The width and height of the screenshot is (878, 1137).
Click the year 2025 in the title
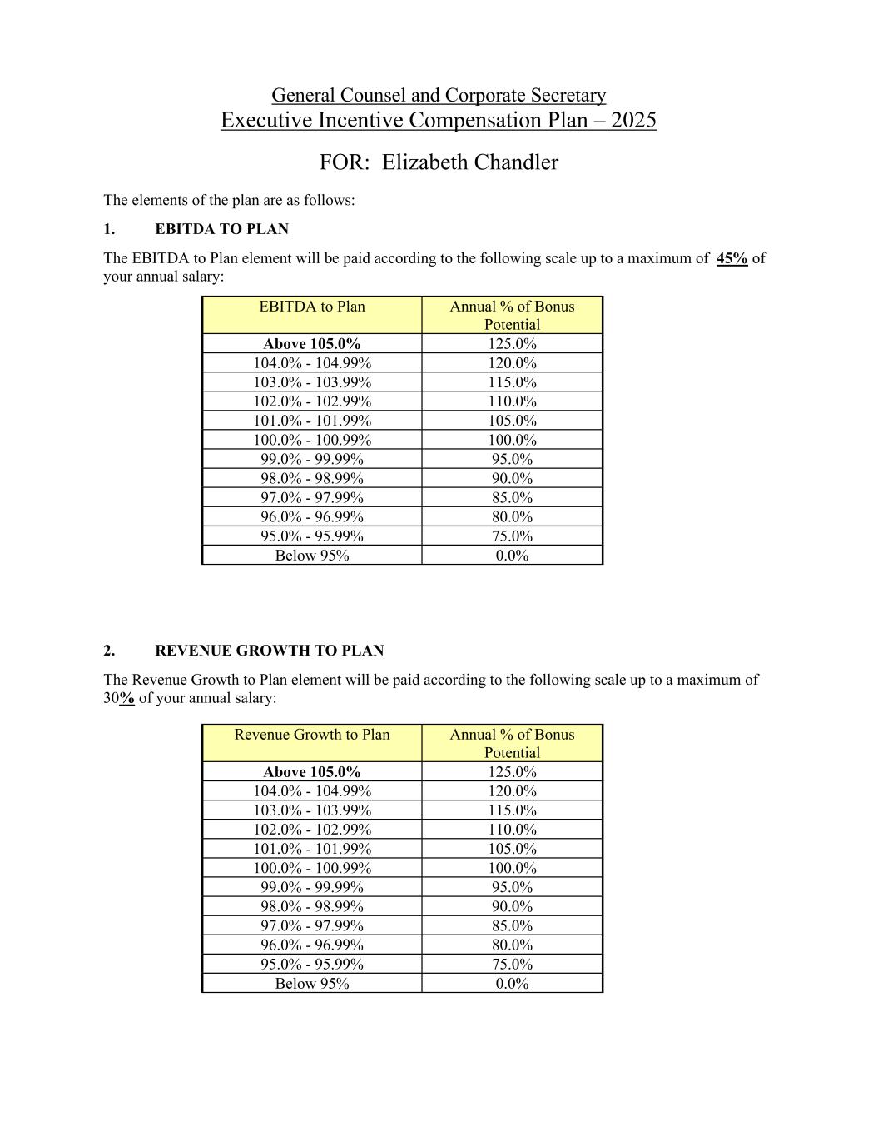pos(633,121)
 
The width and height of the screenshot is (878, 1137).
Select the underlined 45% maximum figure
pos(732,258)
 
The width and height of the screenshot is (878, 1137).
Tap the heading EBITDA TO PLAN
pos(221,229)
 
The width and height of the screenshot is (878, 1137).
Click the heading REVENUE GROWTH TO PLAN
pos(269,651)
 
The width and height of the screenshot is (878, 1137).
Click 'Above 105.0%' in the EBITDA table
pos(312,344)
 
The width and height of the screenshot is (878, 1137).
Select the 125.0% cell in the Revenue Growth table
pos(512,772)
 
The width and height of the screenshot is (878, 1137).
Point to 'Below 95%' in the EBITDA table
pos(312,556)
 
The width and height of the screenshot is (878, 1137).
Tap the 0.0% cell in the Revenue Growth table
pos(512,984)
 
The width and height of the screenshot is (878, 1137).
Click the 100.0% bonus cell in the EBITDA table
pos(512,440)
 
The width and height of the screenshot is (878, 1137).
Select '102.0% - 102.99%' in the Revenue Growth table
pos(312,830)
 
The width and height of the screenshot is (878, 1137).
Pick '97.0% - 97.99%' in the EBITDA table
pos(312,498)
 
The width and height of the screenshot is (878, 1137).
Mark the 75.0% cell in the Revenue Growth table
pos(512,965)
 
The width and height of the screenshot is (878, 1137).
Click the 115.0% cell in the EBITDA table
pos(512,382)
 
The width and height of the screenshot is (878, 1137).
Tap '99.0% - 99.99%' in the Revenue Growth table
pos(312,887)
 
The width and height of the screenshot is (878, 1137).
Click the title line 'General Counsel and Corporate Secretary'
pos(439,96)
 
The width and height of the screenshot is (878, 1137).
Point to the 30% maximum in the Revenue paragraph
pos(119,698)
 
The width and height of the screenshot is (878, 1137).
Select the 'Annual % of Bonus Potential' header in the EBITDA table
pos(512,316)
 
